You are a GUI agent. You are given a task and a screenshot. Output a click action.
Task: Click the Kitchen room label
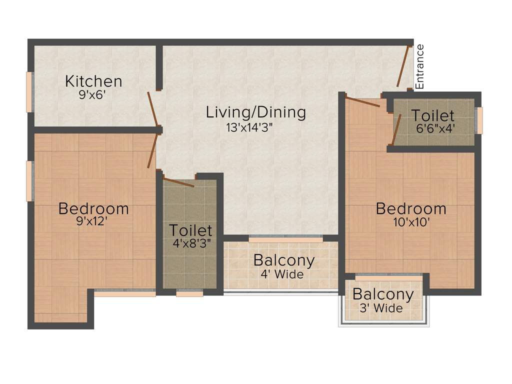coord(93,81)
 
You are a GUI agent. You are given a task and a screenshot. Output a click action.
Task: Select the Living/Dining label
coord(255,112)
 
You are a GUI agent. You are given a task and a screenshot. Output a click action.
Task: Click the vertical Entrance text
coord(420,66)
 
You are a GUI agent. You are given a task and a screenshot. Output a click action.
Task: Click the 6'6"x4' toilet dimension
coord(435,128)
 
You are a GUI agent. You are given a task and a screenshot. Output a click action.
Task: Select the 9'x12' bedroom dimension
coord(92,221)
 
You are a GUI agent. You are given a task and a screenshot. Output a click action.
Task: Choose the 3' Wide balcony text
coord(381,308)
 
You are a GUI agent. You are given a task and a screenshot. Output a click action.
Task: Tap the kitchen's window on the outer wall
coord(29,92)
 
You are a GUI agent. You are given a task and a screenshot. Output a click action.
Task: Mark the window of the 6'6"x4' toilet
coord(479,120)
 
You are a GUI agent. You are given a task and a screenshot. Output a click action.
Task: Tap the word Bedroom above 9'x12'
coord(93,208)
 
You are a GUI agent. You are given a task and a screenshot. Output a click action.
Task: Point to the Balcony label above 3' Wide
coord(383,294)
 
